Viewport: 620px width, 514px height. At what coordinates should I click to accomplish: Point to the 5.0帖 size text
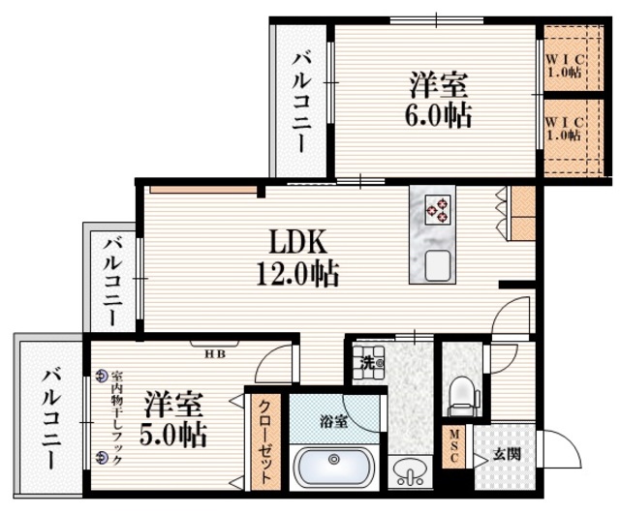(175, 433)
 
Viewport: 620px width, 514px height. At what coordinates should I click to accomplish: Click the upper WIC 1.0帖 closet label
(562, 63)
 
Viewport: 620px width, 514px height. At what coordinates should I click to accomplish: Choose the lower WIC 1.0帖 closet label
(562, 128)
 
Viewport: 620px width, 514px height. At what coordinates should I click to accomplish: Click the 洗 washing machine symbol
(368, 364)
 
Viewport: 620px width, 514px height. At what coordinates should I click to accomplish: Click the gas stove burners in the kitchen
(436, 208)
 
